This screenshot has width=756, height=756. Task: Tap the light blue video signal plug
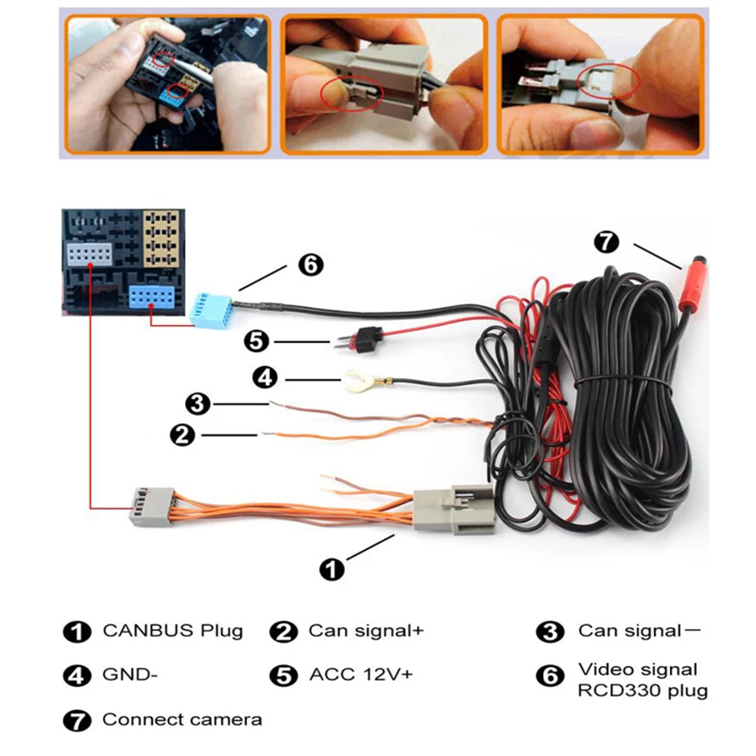click(x=212, y=306)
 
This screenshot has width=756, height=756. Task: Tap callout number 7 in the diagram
click(x=606, y=240)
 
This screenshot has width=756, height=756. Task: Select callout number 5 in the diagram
click(x=257, y=342)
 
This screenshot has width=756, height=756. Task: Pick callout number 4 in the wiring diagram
click(x=265, y=376)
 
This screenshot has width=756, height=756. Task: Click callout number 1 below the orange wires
click(x=331, y=569)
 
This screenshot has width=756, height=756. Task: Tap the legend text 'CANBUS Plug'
click(x=172, y=631)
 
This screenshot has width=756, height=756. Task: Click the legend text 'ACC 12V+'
click(x=360, y=675)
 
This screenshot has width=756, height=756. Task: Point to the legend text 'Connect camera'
click(x=182, y=720)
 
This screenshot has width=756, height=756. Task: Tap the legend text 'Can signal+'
click(x=365, y=631)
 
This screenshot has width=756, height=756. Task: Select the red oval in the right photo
click(x=608, y=80)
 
